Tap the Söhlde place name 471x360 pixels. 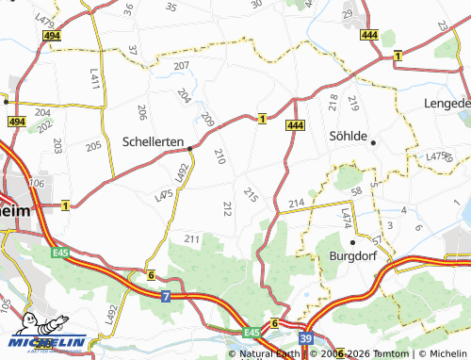pyautogui.click(x=346, y=136)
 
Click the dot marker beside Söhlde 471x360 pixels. pyautogui.click(x=374, y=142)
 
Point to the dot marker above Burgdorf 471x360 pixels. pyautogui.click(x=353, y=242)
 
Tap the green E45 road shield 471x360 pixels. pyautogui.click(x=251, y=333)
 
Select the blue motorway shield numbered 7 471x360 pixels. pyautogui.click(x=166, y=297)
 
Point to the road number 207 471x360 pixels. pyautogui.click(x=181, y=66)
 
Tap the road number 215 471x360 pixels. pyautogui.click(x=250, y=194)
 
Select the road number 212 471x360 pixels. pyautogui.click(x=227, y=208)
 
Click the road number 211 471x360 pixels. pyautogui.click(x=192, y=238)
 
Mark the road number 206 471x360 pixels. pyautogui.click(x=141, y=113)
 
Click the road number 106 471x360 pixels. pyautogui.click(x=37, y=183)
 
